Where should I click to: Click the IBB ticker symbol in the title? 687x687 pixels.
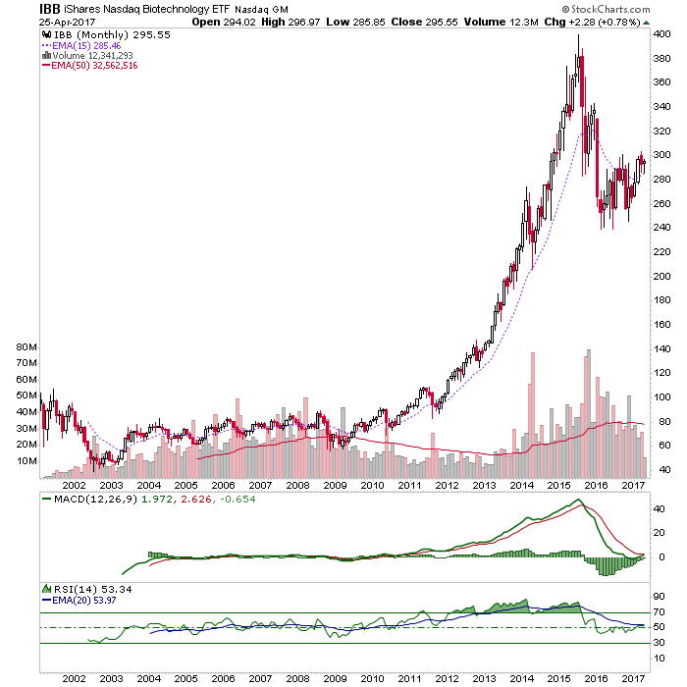tap(49, 9)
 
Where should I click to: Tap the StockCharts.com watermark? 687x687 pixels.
tap(606, 9)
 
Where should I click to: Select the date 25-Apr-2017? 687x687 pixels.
tap(67, 23)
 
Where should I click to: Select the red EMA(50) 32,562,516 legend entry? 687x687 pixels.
tap(90, 66)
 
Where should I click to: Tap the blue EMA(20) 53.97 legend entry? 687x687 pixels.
tap(79, 601)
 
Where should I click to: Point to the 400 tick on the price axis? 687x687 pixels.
tap(661, 34)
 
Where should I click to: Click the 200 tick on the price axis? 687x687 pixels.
tap(661, 276)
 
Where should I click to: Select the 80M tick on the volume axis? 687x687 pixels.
tap(26, 347)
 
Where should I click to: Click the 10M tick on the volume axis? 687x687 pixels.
tap(26, 461)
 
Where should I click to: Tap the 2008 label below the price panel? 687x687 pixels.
tap(297, 486)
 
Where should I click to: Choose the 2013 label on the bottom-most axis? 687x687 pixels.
tap(484, 679)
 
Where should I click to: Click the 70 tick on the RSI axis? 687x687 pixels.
tap(659, 612)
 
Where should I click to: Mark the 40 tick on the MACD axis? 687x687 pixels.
tap(659, 509)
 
